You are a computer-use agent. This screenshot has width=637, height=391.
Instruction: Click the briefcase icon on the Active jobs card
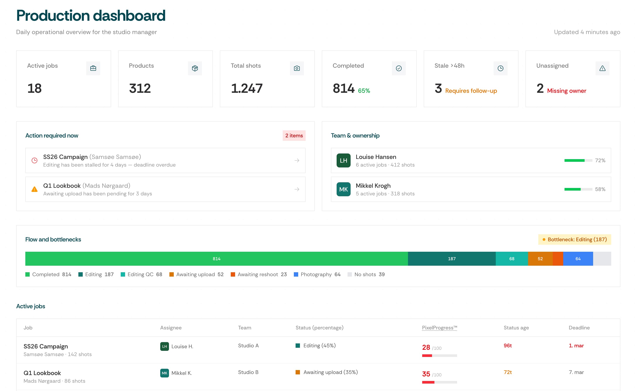(x=93, y=68)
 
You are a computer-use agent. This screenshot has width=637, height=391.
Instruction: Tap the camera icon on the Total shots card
(x=297, y=68)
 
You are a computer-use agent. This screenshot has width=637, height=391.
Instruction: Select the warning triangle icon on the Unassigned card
(x=602, y=68)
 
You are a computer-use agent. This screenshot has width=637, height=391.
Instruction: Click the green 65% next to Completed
(x=364, y=91)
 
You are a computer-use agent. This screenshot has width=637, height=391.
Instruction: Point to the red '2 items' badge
(x=294, y=136)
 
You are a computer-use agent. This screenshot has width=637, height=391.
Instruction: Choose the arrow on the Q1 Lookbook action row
(x=297, y=189)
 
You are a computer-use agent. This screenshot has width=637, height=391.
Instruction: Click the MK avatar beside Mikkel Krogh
(x=343, y=189)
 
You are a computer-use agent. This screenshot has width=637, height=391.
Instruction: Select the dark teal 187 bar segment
(x=452, y=259)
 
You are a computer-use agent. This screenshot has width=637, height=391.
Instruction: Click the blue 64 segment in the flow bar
(x=578, y=259)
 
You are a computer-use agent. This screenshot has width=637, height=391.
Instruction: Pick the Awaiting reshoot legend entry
(x=259, y=274)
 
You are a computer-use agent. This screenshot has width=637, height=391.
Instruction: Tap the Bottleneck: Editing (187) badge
(x=574, y=239)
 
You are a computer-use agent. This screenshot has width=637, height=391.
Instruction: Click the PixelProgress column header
(x=439, y=328)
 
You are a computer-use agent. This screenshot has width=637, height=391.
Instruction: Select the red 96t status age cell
(x=508, y=346)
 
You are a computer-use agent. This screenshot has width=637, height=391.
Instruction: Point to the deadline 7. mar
(x=576, y=372)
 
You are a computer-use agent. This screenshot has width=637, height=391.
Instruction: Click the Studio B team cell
(x=248, y=372)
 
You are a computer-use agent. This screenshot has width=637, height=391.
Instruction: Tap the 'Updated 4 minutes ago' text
(x=587, y=32)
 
